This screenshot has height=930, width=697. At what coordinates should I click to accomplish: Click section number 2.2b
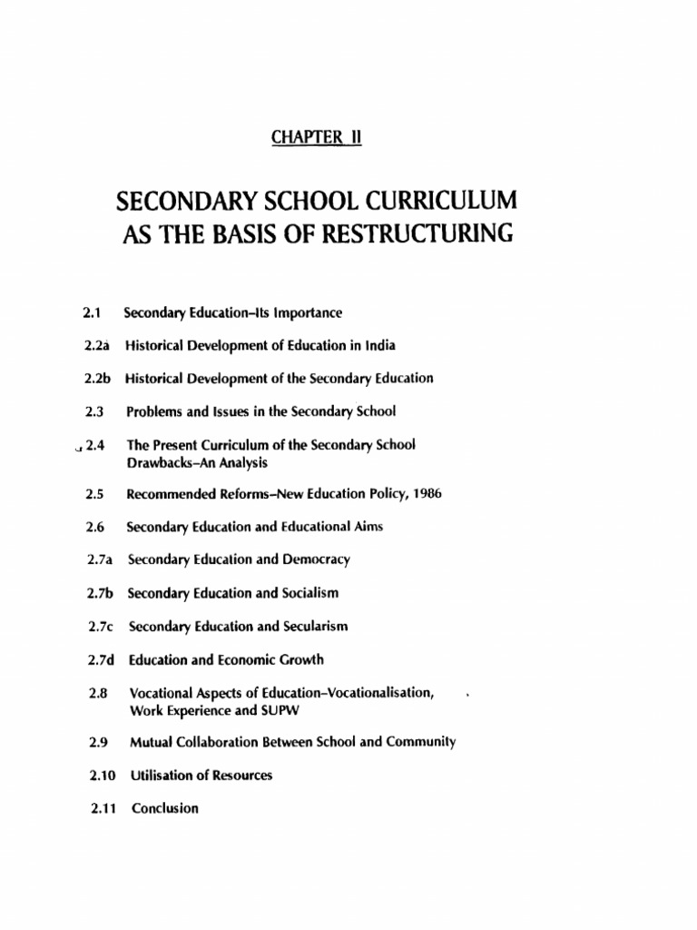tap(94, 378)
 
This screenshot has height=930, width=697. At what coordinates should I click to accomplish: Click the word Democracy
tap(315, 559)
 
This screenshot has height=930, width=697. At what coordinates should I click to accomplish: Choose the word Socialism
tap(309, 593)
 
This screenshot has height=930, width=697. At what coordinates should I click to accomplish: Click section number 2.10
tap(94, 775)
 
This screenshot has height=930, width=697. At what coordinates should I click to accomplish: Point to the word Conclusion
tap(164, 807)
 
